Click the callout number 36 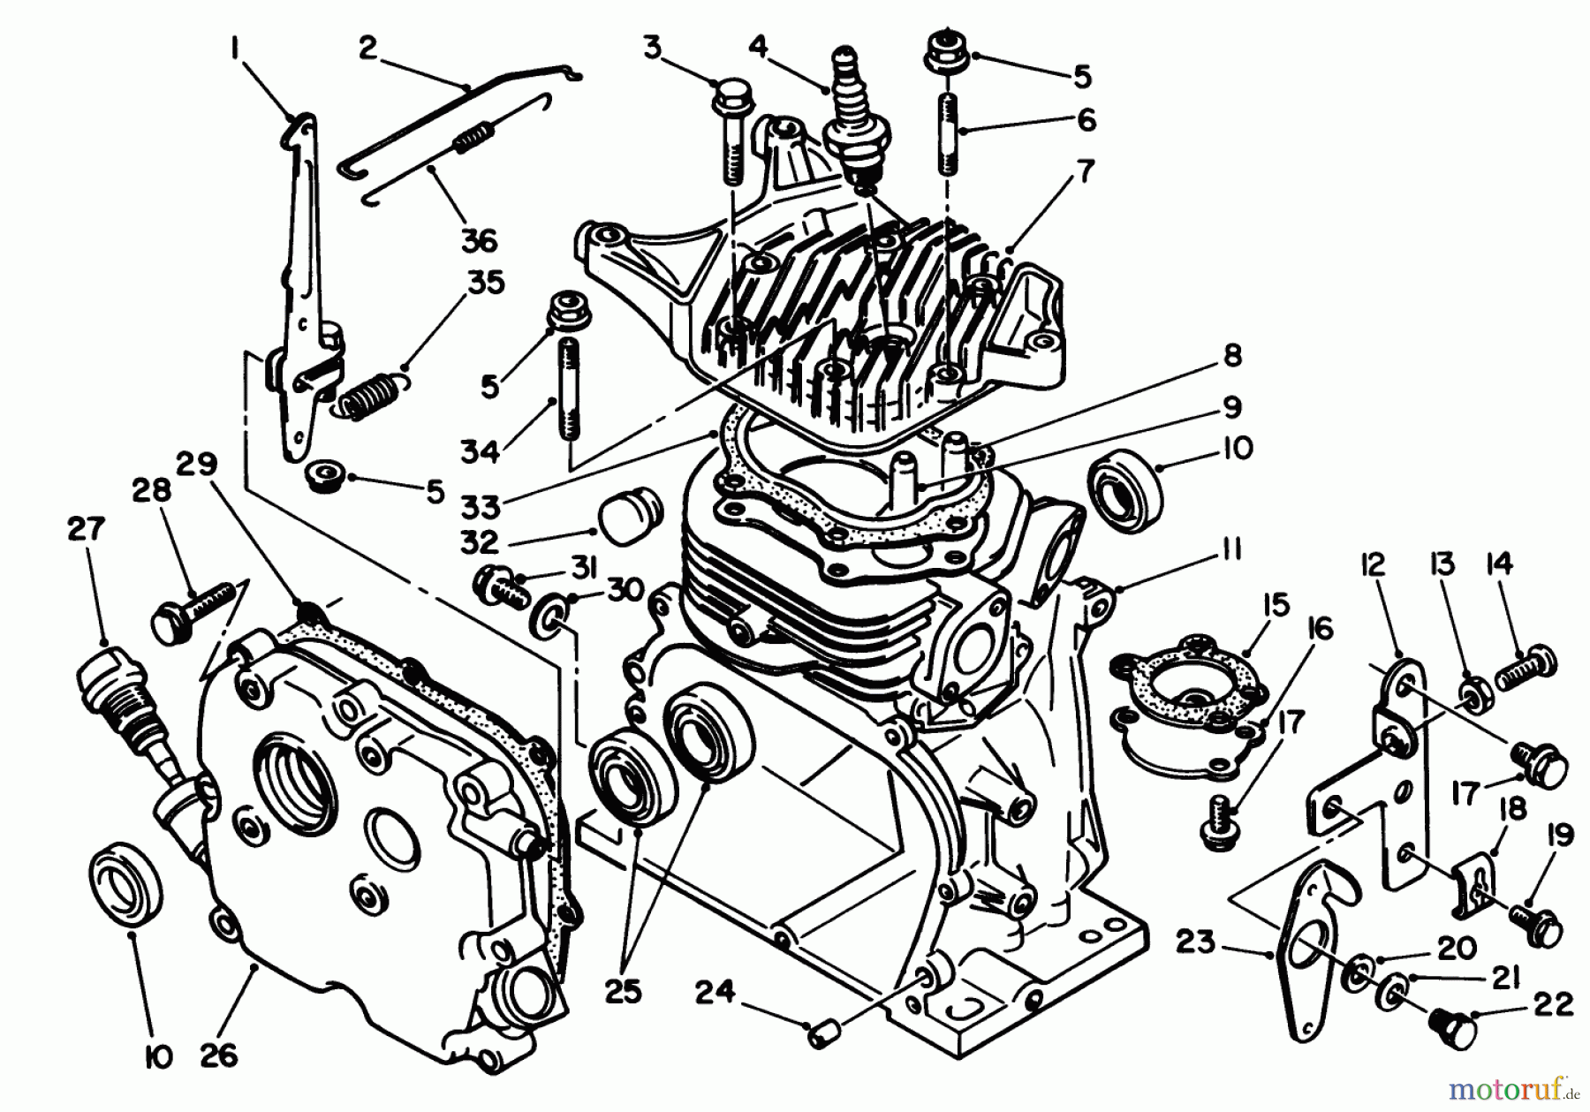click(479, 239)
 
